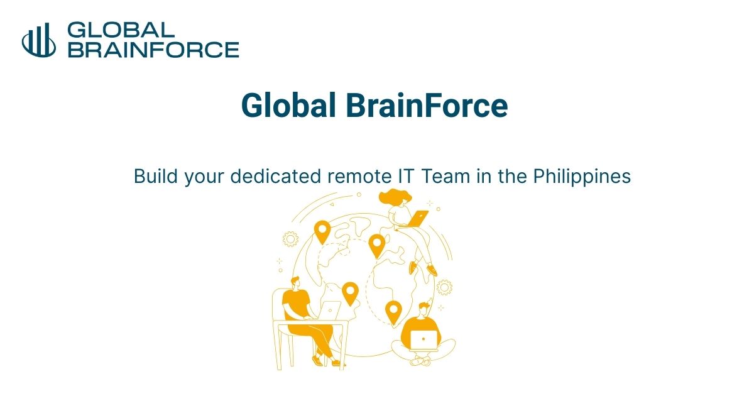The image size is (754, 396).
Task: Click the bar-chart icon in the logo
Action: coord(39,40)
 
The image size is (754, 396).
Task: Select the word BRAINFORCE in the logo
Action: coord(153,50)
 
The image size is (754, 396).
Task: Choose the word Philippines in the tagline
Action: coord(581,177)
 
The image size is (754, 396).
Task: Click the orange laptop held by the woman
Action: coord(418,218)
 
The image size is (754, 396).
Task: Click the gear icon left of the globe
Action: coord(290,239)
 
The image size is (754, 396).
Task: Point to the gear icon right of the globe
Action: coord(444,287)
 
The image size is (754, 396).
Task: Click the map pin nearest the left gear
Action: coord(322,231)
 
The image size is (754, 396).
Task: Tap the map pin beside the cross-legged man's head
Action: coord(393,311)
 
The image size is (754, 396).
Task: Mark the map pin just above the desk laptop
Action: coord(350,293)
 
